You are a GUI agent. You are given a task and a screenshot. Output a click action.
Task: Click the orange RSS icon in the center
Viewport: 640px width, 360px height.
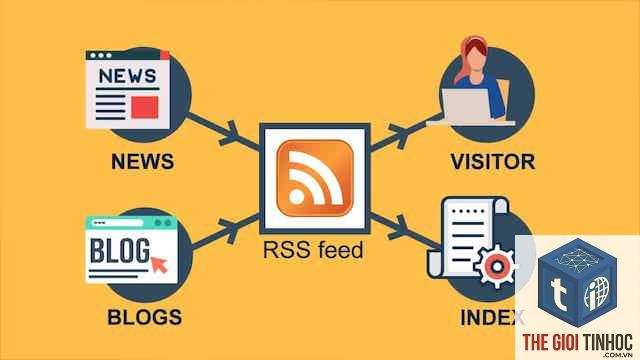click(315, 178)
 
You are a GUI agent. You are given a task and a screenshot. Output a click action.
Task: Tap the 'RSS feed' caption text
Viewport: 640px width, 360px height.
click(313, 250)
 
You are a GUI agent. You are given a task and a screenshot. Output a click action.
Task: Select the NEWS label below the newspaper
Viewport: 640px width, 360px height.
click(142, 161)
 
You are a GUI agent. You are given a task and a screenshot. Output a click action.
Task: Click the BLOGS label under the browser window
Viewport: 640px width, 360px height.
click(144, 317)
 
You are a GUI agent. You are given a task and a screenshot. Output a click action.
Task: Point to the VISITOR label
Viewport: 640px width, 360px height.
click(493, 162)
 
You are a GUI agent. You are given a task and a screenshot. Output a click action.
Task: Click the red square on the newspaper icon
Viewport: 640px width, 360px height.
click(144, 107)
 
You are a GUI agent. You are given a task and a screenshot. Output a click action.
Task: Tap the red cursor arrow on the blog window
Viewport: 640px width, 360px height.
click(159, 264)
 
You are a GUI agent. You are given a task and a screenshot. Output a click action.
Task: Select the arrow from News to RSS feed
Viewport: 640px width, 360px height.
click(224, 131)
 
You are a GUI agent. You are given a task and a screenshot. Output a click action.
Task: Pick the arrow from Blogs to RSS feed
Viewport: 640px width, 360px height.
click(225, 231)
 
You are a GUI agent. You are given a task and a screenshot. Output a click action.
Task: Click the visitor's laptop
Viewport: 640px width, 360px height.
click(469, 107)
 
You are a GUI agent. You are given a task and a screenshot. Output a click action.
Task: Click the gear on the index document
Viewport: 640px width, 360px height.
click(496, 267)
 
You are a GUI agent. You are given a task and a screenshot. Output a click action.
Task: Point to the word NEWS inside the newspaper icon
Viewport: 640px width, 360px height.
click(127, 76)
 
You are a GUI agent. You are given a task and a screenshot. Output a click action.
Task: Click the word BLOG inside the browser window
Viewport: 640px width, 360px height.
click(120, 250)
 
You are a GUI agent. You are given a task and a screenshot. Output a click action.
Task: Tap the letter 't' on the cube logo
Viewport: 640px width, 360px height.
click(559, 292)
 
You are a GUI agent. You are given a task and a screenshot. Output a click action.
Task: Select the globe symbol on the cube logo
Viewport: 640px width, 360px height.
click(597, 292)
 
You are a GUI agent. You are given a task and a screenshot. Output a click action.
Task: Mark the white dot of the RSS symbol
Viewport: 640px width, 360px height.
click(297, 197)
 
